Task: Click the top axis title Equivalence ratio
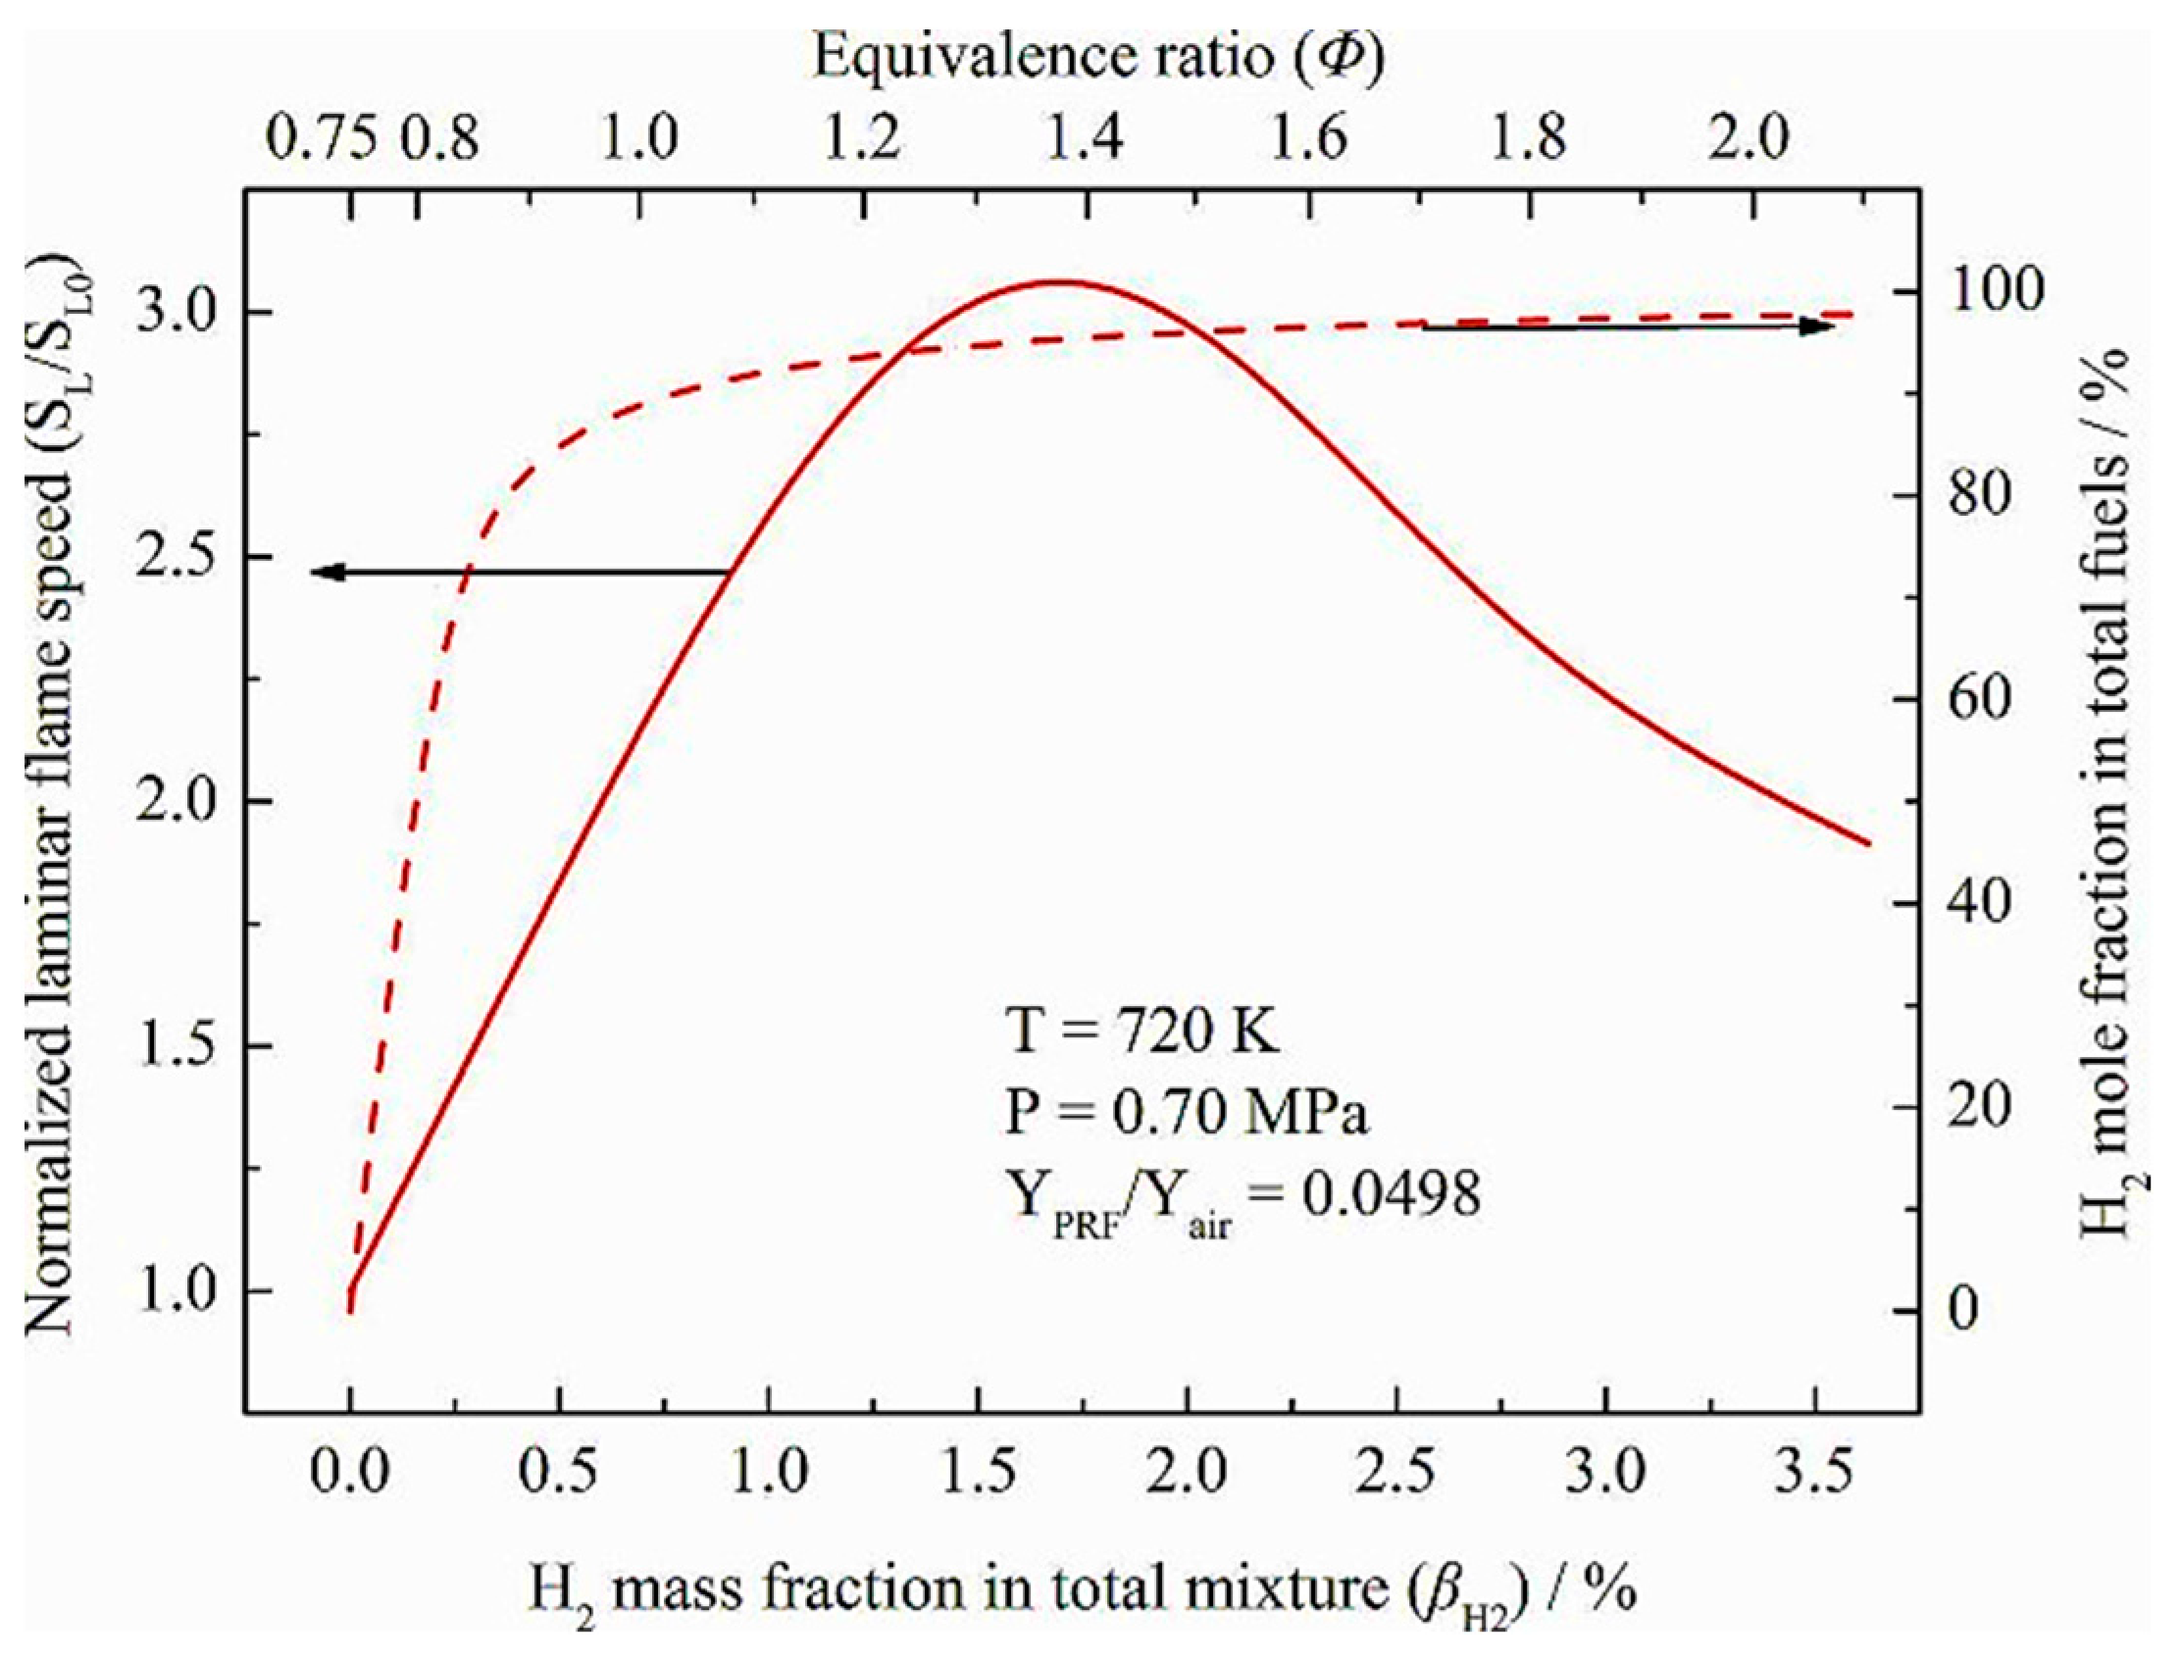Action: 1098,57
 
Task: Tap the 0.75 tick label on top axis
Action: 322,137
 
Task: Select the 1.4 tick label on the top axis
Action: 1085,137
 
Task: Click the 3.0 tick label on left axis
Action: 176,314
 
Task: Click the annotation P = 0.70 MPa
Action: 1186,1114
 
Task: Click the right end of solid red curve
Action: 1869,843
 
